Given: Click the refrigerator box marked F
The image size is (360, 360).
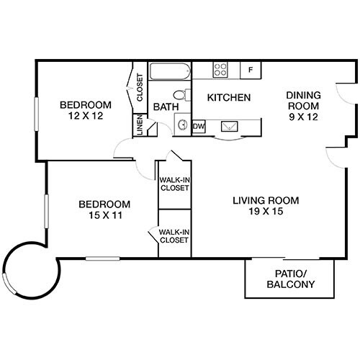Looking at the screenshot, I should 250,70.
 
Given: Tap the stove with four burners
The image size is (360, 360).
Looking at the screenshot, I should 221,70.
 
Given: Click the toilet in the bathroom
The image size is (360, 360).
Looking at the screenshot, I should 181,94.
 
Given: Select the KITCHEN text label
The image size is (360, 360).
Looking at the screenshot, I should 228,97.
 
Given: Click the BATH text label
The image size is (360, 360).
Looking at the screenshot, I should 162,108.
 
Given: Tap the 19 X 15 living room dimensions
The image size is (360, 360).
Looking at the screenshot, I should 265,212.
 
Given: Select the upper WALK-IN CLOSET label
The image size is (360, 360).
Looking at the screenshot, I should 174,184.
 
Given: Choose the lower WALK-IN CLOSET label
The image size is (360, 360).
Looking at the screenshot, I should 174,235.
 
